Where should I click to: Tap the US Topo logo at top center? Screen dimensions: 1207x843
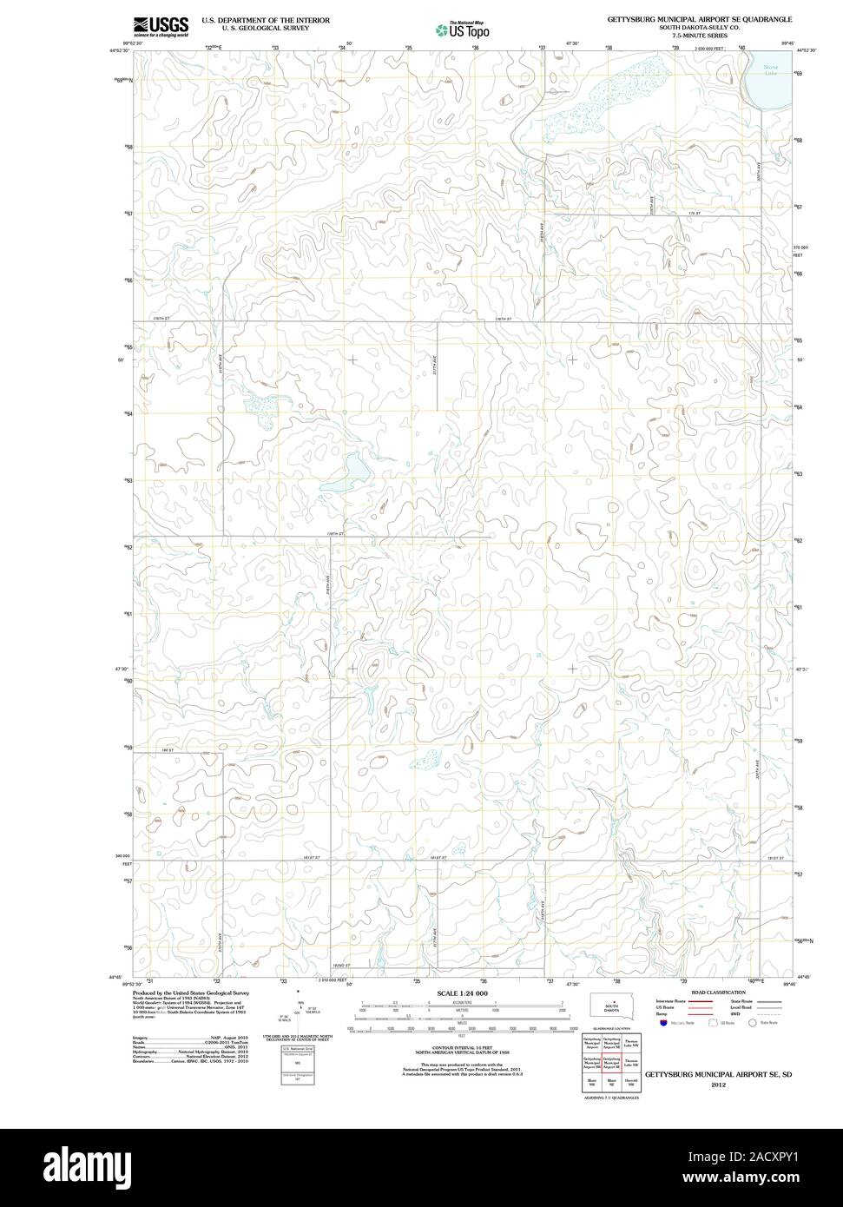[x=463, y=30]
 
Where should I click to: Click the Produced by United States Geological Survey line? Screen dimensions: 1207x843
[x=192, y=993]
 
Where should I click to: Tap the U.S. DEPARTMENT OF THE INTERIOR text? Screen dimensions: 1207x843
[x=266, y=19]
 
